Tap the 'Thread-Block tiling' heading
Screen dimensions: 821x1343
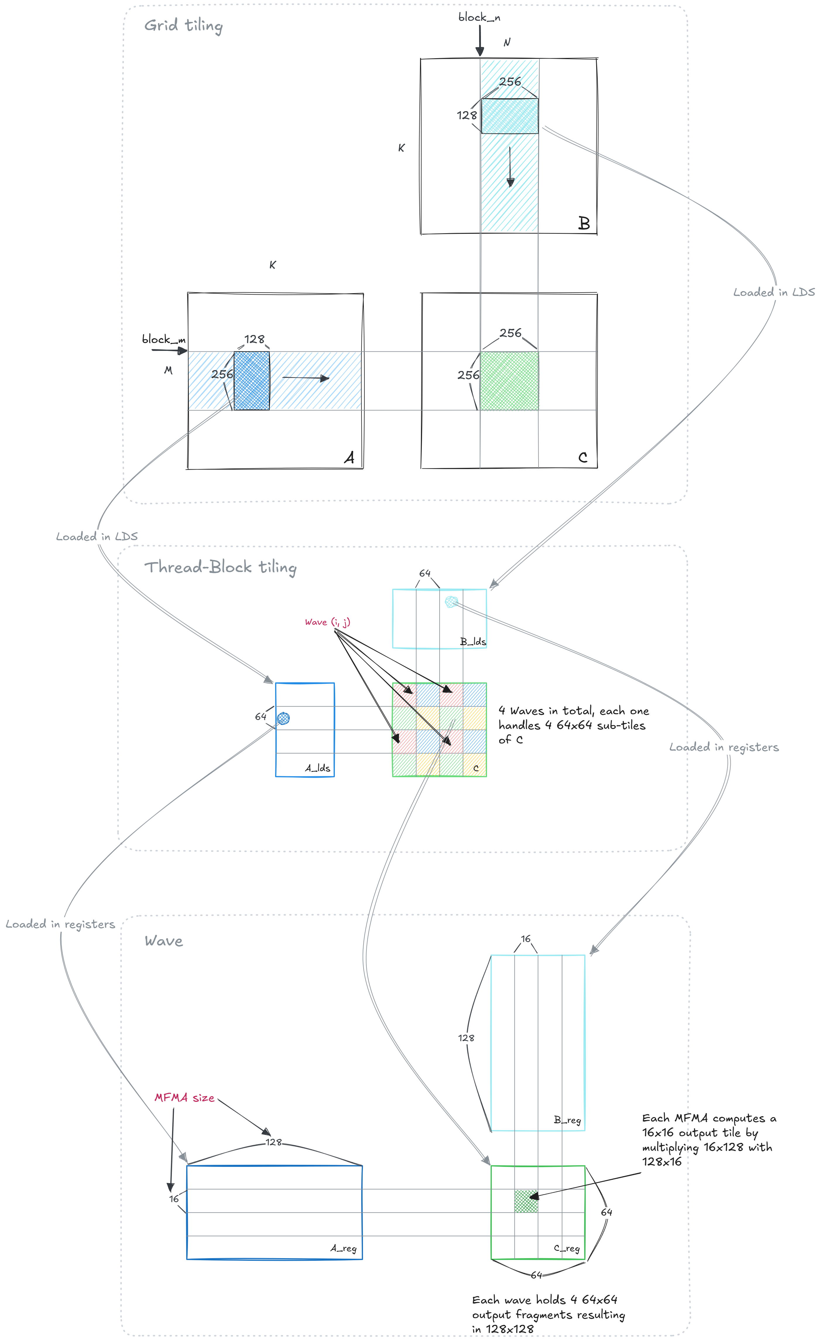pos(220,567)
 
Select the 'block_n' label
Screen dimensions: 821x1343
pos(479,18)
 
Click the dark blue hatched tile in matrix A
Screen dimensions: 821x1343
pos(251,380)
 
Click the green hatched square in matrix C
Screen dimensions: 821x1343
pos(509,380)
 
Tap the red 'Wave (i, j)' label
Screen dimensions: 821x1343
pos(327,622)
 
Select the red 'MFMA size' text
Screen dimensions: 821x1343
pos(184,1098)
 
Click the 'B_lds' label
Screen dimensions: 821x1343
pos(473,642)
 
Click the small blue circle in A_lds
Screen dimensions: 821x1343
pos(284,718)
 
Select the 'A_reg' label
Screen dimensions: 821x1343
pos(343,1248)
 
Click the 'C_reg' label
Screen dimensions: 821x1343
pos(567,1248)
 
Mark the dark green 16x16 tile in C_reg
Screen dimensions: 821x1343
pos(526,1201)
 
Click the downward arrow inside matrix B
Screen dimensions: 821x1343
pos(510,167)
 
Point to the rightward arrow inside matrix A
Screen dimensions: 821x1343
pos(306,378)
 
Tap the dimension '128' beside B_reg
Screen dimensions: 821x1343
pos(466,1038)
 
